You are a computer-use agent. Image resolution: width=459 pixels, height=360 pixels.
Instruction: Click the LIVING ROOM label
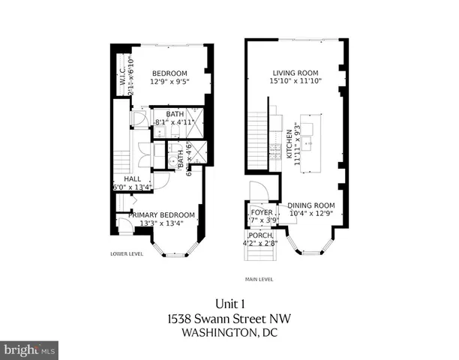pos(296,73)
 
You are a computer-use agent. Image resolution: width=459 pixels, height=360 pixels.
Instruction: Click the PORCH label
pos(262,235)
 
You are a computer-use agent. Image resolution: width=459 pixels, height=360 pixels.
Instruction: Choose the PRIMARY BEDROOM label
pos(161,214)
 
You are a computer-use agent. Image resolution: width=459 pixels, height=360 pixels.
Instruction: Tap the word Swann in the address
pos(225,319)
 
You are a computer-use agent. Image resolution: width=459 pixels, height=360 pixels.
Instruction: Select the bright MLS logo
pos(29,349)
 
